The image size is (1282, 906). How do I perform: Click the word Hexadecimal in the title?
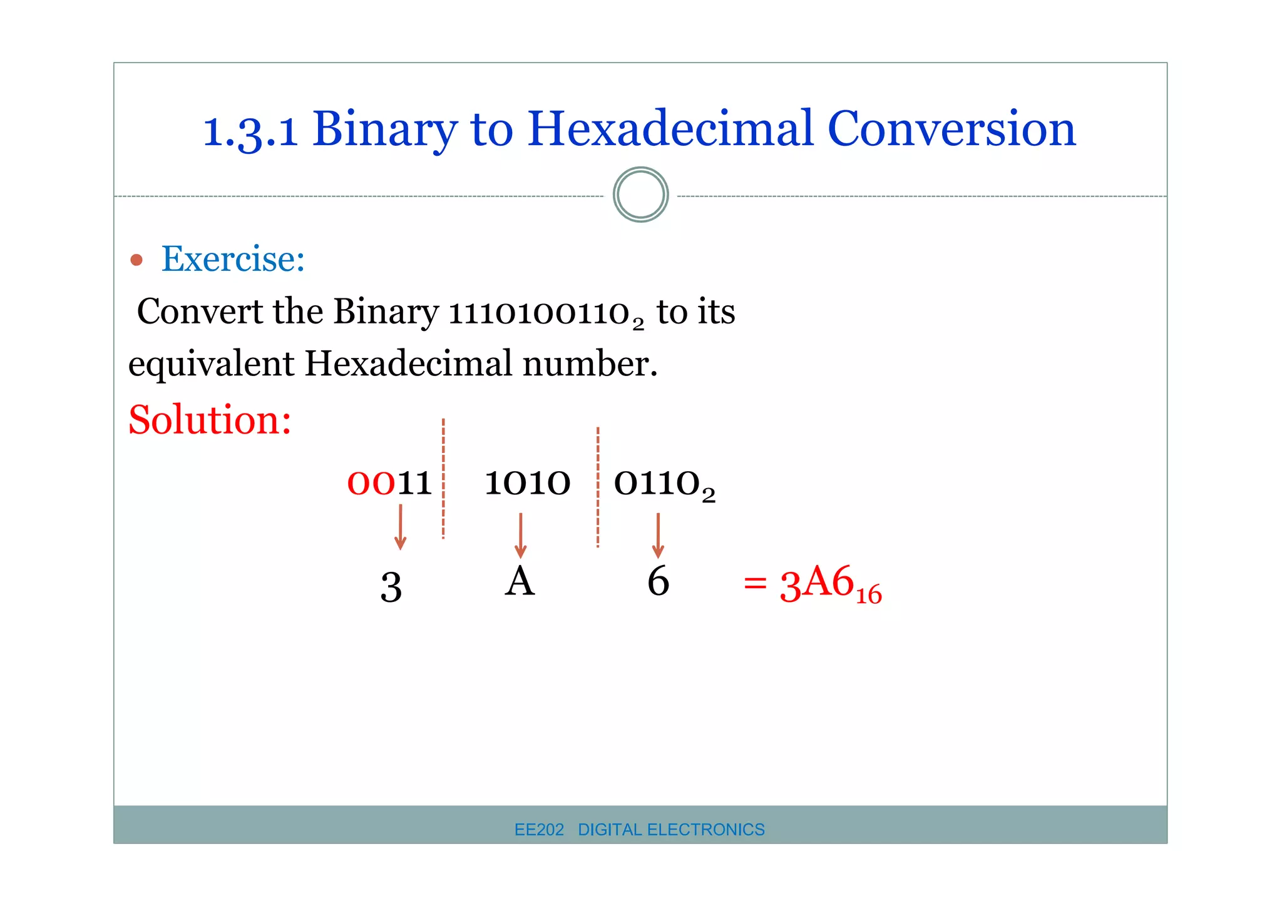pos(670,129)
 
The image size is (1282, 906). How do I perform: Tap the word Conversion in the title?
pos(951,129)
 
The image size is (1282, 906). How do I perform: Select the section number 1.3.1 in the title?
pos(250,131)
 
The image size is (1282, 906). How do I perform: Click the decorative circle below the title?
pos(640,195)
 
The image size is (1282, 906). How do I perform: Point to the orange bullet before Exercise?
pos(136,260)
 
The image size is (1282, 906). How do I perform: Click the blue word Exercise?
pos(233,259)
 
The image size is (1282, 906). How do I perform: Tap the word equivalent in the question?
pos(211,364)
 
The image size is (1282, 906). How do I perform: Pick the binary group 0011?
pos(389,484)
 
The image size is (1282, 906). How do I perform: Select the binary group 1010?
pos(527,484)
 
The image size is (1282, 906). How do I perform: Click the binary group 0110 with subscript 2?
pos(664,485)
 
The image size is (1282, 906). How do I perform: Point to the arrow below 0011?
pos(401,527)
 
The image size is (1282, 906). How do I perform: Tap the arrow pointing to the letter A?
pos(520,535)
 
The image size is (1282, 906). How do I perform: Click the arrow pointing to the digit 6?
pos(658,535)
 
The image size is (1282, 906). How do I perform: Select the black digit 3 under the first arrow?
pos(391,588)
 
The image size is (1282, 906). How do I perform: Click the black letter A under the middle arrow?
pos(520,582)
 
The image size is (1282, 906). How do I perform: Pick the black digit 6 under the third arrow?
pos(658,582)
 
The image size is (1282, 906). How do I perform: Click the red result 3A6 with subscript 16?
pos(829,584)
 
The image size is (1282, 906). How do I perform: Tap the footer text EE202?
pos(539,830)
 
